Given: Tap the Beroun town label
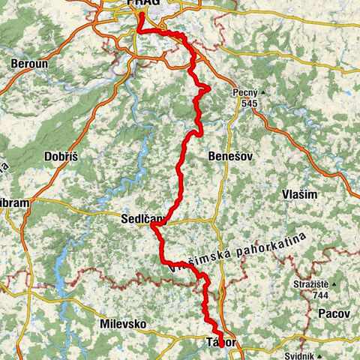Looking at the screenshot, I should coord(29,64).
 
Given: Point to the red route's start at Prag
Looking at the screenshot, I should coord(140,13).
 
